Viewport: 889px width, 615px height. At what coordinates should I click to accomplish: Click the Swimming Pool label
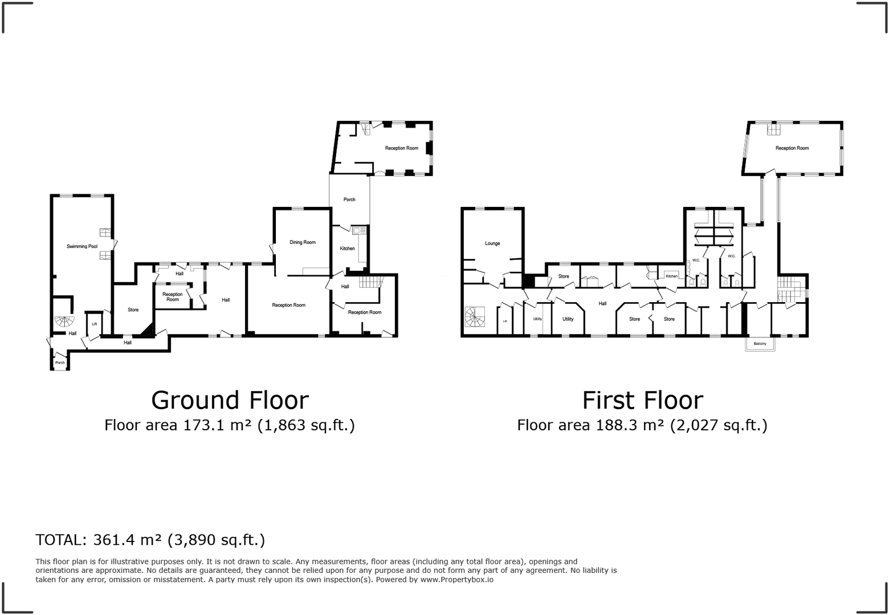[81, 246]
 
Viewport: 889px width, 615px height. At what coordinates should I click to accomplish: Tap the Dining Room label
[302, 242]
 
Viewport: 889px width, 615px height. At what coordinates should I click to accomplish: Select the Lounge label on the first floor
[492, 243]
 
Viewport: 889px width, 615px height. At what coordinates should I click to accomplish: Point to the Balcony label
[760, 344]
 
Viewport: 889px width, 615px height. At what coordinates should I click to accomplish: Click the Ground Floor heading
[230, 400]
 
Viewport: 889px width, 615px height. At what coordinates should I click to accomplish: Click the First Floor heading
[642, 400]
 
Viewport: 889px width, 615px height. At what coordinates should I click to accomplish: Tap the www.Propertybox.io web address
[456, 580]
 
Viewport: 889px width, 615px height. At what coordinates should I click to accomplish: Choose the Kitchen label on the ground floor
[347, 249]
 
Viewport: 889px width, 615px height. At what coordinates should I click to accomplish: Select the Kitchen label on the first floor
[672, 276]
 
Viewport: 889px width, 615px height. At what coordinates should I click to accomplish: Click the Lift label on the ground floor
[95, 324]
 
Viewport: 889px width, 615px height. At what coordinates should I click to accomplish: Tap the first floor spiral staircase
[475, 317]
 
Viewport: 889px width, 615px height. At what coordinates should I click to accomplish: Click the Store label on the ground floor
[133, 310]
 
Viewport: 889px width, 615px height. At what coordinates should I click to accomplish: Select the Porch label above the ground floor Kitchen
[349, 199]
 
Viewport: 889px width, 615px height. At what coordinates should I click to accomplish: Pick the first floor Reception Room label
[792, 148]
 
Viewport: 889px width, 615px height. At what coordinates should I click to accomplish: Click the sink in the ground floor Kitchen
[358, 231]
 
